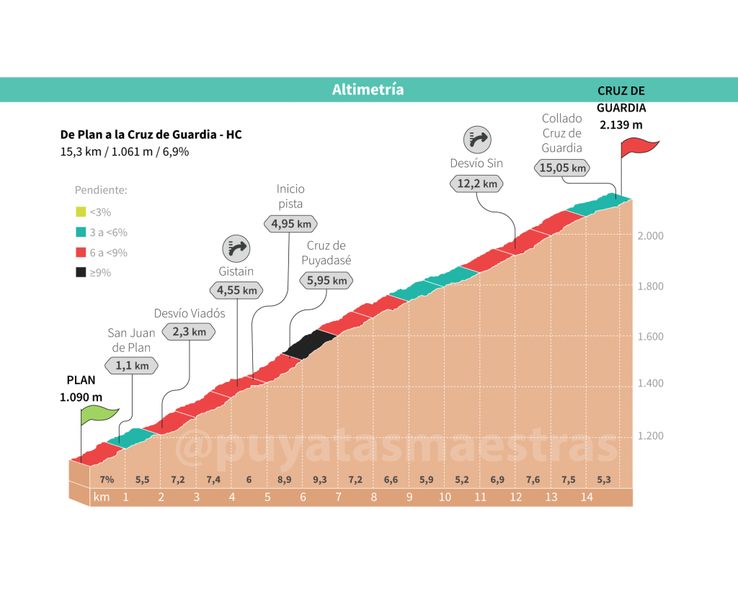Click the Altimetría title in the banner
tap(368, 90)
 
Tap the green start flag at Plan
tap(99, 415)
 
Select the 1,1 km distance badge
tap(132, 366)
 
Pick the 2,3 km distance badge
tap(189, 332)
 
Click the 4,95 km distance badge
tap(290, 224)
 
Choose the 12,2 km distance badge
tap(477, 184)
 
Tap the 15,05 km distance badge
tap(561, 168)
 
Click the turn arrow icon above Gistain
tap(237, 248)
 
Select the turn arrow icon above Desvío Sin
tap(477, 138)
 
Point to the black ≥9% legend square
tap(81, 273)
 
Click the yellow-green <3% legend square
tap(81, 212)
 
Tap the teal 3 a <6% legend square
tap(81, 233)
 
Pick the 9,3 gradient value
tap(319, 480)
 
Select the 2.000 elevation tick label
tap(649, 236)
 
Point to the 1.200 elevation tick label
tap(649, 436)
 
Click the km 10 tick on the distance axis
tap(445, 497)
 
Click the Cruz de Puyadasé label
tap(326, 253)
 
